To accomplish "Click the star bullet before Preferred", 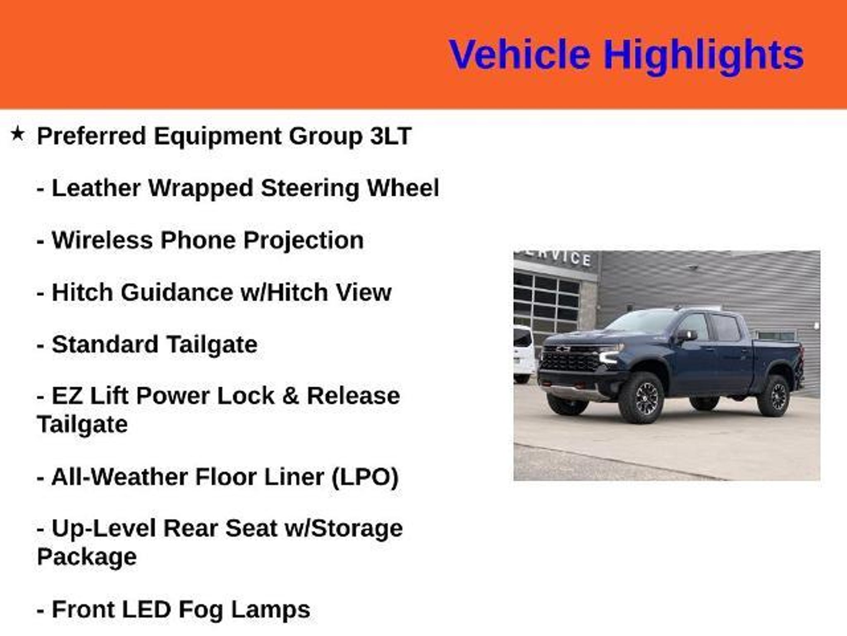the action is click(17, 134).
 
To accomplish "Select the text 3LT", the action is click(390, 136).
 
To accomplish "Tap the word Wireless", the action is click(102, 240).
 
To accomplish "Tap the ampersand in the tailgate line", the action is click(290, 396).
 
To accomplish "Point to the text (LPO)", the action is click(365, 477).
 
